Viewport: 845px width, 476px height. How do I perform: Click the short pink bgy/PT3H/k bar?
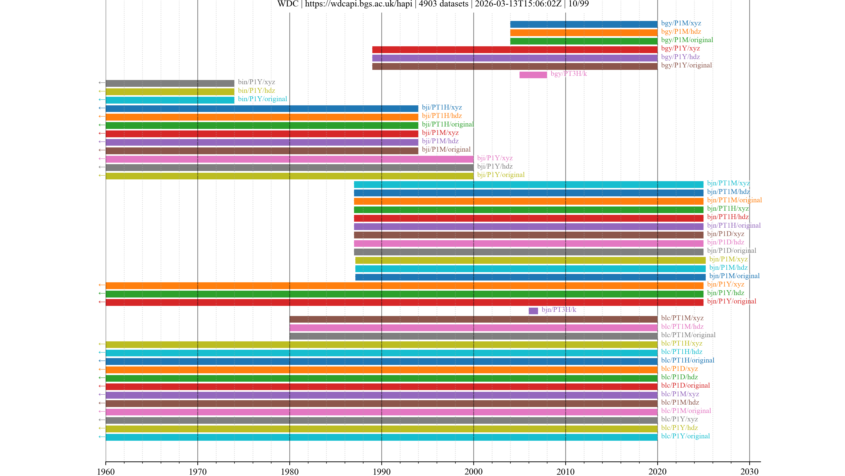(533, 75)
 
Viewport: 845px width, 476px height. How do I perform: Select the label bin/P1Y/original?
(263, 99)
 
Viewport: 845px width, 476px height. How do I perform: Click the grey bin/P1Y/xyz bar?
(170, 83)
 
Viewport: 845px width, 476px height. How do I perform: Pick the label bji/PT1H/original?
(448, 124)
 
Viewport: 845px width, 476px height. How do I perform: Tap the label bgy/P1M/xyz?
(681, 23)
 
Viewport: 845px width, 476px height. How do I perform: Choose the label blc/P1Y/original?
(685, 436)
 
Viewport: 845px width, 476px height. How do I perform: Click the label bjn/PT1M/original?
(734, 200)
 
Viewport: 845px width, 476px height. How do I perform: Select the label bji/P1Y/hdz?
(495, 166)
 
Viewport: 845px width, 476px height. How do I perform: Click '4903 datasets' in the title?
(443, 4)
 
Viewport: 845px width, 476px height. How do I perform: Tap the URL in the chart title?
(358, 4)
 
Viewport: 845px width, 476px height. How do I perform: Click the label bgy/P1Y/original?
(687, 65)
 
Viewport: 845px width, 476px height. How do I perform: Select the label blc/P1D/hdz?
(679, 377)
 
